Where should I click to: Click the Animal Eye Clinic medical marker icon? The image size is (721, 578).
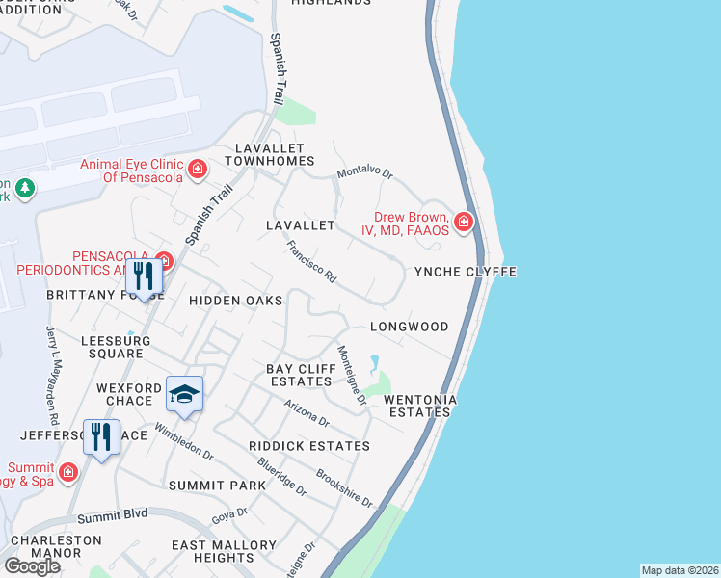click(198, 170)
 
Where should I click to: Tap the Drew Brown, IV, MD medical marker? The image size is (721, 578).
click(464, 223)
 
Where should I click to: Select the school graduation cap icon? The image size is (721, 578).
click(184, 393)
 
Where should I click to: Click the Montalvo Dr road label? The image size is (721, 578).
click(365, 174)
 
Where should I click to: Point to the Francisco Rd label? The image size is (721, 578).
click(311, 261)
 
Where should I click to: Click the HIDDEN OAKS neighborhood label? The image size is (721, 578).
click(236, 301)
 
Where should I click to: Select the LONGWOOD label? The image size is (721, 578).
click(410, 327)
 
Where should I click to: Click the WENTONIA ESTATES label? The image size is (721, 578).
click(419, 406)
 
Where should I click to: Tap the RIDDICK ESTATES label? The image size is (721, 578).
click(308, 446)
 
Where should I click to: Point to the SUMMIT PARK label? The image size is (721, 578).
click(216, 486)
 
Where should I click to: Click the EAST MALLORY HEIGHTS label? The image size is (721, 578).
click(212, 551)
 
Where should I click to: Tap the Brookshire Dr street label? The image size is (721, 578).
click(344, 489)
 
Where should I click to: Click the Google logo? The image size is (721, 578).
click(31, 565)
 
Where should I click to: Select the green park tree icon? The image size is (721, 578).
click(25, 188)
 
